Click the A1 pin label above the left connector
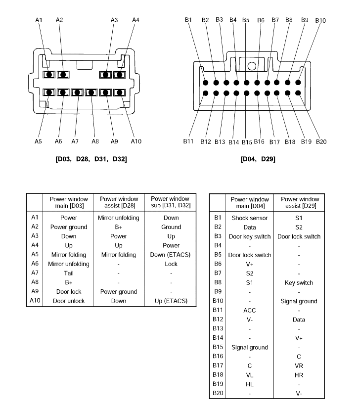(39, 20)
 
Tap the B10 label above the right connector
(320, 21)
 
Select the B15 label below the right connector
(247, 142)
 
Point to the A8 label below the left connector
(95, 141)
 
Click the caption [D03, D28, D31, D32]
(91, 159)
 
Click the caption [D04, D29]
(258, 159)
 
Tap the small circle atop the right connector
(252, 66)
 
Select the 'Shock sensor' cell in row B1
(250, 218)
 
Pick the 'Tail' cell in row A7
(69, 273)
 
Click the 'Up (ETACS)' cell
(171, 301)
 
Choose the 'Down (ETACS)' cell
(170, 255)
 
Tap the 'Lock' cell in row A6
(171, 264)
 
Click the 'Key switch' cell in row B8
(299, 283)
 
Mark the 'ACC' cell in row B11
(249, 311)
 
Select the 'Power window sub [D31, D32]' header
(170, 202)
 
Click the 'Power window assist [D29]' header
(300, 203)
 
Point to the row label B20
(218, 393)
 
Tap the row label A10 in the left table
(35, 301)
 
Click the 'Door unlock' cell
(69, 301)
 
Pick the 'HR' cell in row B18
(299, 375)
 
